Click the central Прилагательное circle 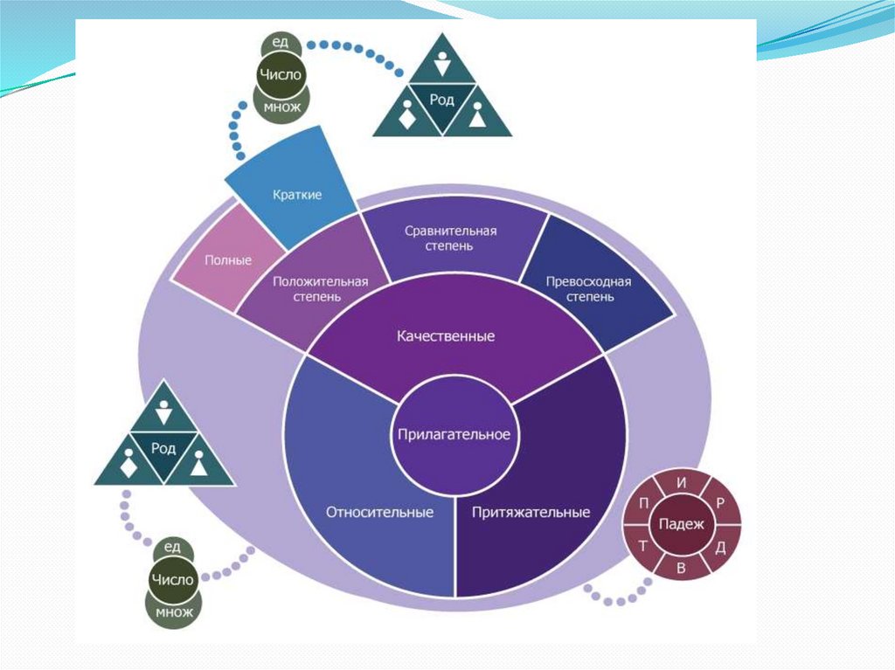[454, 435]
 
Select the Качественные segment [446, 336]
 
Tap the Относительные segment [379, 512]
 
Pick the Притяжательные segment [531, 512]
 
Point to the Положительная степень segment [320, 289]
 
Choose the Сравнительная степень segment [450, 238]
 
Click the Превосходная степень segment [588, 289]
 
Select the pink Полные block [228, 260]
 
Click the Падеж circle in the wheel [681, 523]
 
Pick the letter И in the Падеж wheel [681, 482]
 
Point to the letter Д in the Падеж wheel [719, 547]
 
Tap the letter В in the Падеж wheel [681, 568]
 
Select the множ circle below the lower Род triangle [173, 611]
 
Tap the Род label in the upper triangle [442, 100]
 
